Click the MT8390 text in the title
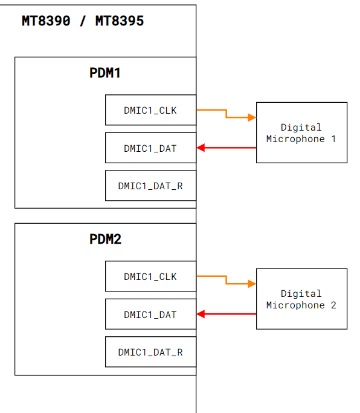pos(46,21)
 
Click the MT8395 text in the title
pos(120,21)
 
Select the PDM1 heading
pos(105,73)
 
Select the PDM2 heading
pos(105,239)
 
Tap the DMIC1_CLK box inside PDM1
pos(150,110)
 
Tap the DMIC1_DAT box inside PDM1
pos(150,148)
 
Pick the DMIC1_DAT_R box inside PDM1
pos(150,186)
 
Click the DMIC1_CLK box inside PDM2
pos(150,276)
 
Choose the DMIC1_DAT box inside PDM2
pos(150,314)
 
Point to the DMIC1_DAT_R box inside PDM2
pos(150,352)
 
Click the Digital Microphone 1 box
pos(301,132)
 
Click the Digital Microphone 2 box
pos(301,299)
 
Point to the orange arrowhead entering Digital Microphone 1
pos(252,117)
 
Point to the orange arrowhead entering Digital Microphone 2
pos(252,284)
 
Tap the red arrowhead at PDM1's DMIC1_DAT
pos(201,148)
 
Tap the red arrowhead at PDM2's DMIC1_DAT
pos(201,314)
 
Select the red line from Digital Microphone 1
pos(227,148)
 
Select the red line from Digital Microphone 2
pos(227,314)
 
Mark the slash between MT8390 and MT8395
pos(83,21)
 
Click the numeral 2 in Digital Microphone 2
pos(333,305)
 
